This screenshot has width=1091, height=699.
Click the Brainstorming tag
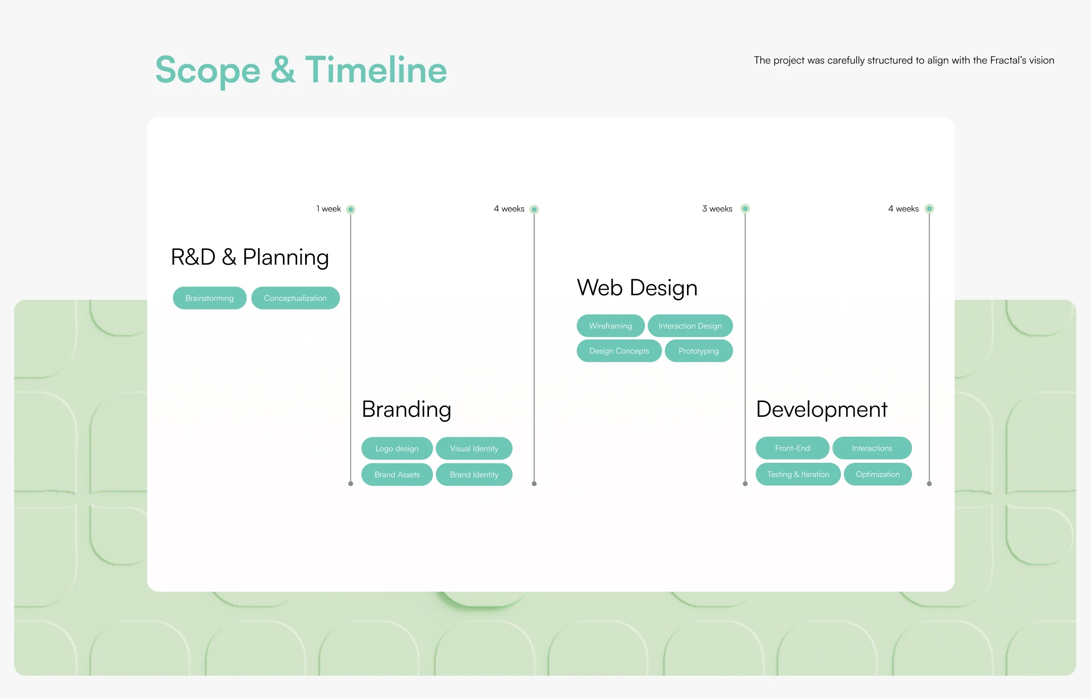[x=210, y=298]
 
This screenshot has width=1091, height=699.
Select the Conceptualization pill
[x=295, y=298]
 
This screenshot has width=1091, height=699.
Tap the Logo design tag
[x=397, y=449]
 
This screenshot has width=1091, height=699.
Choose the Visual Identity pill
[x=474, y=449]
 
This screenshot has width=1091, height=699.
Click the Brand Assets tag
[x=397, y=475]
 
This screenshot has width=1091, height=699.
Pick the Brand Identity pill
[x=474, y=475]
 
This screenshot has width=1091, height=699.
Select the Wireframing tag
[x=611, y=326]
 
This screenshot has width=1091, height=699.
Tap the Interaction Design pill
[x=690, y=326]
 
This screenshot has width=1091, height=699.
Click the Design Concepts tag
[x=619, y=351]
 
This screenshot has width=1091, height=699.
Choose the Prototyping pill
[x=699, y=351]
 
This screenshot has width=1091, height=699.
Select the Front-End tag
[x=793, y=448]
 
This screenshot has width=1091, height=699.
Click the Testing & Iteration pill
[x=798, y=474]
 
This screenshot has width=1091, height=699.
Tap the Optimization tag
[x=878, y=474]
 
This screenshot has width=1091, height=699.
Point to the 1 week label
[x=329, y=209]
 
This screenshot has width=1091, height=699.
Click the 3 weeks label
[x=717, y=209]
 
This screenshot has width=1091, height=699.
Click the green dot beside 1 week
[x=351, y=210]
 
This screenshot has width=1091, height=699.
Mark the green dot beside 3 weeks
[x=745, y=209]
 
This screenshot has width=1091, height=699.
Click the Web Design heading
[x=637, y=288]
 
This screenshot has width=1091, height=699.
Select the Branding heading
[x=406, y=410]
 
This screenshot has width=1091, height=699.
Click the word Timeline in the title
[x=376, y=70]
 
